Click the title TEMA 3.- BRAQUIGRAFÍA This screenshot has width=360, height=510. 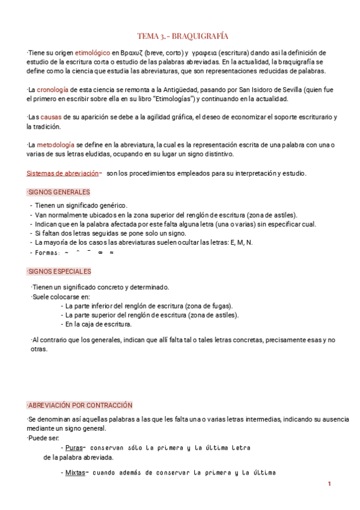click(x=183, y=36)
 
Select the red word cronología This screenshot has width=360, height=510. click(x=54, y=90)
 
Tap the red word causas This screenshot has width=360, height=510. click(x=51, y=117)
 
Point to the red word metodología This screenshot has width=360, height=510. click(x=55, y=145)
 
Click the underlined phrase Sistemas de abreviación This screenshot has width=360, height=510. click(x=63, y=173)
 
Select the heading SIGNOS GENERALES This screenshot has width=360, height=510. click(x=59, y=192)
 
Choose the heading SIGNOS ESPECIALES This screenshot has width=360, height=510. click(x=59, y=272)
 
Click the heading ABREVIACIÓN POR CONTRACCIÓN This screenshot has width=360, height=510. click(x=80, y=405)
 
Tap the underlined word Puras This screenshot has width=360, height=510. click(x=74, y=447)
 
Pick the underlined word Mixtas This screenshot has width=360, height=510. click(x=75, y=473)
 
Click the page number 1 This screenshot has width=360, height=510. click(x=329, y=485)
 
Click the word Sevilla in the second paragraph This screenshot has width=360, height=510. click(x=293, y=90)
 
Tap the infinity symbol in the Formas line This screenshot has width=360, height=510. click(x=100, y=253)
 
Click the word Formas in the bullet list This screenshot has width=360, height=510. click(x=47, y=253)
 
